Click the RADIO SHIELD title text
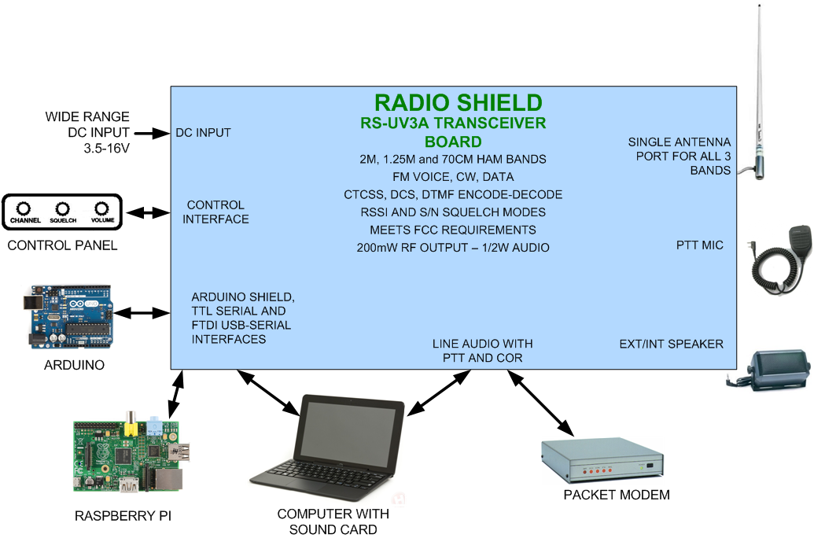(x=458, y=102)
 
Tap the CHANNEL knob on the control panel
(x=24, y=208)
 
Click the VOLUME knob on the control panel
(x=101, y=208)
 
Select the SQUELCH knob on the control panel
(x=62, y=208)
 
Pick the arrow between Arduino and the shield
(x=149, y=313)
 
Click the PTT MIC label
(x=700, y=245)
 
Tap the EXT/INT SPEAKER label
(x=671, y=344)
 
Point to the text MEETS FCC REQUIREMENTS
(x=453, y=230)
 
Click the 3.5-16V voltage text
(x=101, y=147)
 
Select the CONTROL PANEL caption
(x=62, y=245)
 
